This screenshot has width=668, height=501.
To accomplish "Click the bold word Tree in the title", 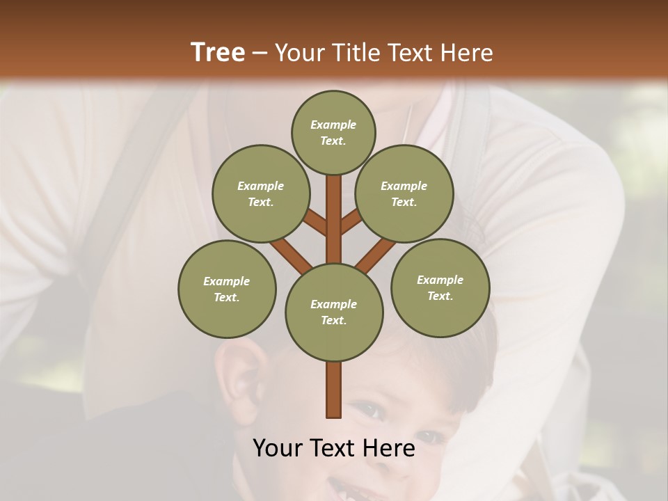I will pyautogui.click(x=218, y=52).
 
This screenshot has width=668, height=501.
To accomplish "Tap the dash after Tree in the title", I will pyautogui.click(x=260, y=53).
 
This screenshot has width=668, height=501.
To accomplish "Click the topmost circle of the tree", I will pyautogui.click(x=333, y=132).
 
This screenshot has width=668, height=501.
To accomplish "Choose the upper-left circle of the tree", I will pyautogui.click(x=260, y=193).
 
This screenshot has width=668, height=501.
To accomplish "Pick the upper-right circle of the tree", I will pyautogui.click(x=404, y=193).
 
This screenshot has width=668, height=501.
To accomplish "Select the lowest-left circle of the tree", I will pyautogui.click(x=227, y=289).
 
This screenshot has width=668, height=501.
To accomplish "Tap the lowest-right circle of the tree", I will pyautogui.click(x=440, y=287).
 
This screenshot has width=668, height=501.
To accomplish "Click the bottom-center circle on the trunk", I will pyautogui.click(x=333, y=312).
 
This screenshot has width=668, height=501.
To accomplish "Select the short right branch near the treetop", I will pyautogui.click(x=351, y=221).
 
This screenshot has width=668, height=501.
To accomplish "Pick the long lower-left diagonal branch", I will pyautogui.click(x=289, y=253).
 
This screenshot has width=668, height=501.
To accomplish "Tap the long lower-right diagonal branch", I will pyautogui.click(x=376, y=255).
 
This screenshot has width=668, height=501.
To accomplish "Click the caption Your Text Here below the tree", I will pyautogui.click(x=333, y=448).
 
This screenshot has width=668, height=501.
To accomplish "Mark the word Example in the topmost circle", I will pyautogui.click(x=333, y=125).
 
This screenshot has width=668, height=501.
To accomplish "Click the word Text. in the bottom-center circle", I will pyautogui.click(x=333, y=320).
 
